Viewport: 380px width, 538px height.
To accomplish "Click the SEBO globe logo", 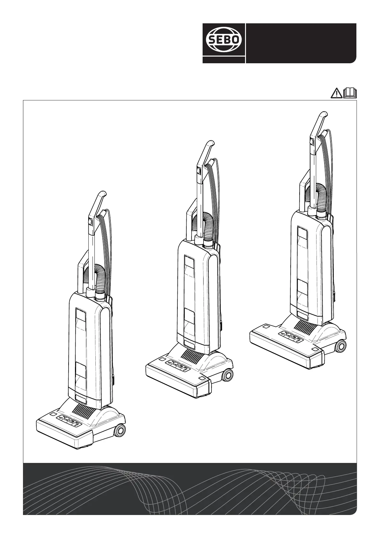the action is point(224,40).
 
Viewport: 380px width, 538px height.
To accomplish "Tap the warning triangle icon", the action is point(337,93).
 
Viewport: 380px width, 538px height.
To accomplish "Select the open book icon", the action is point(350,93).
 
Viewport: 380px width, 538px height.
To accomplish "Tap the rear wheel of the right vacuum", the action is point(340,346).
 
